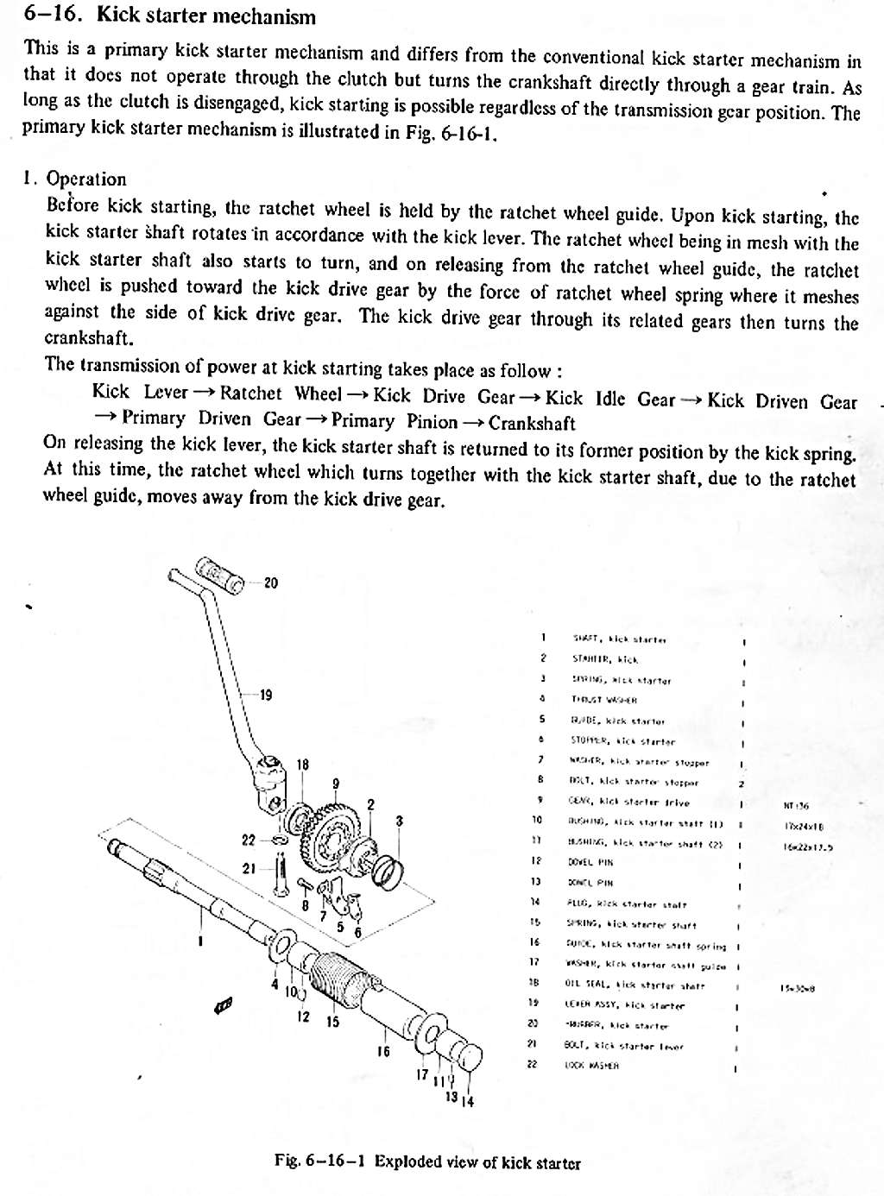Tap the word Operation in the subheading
point(86,179)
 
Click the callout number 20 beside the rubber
point(270,583)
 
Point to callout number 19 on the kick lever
point(266,695)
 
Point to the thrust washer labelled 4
point(282,946)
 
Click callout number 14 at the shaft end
point(470,1101)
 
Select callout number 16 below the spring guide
point(384,1050)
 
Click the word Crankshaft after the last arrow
point(532,423)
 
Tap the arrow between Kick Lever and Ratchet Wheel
point(204,393)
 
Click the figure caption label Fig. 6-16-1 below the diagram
point(321,1161)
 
